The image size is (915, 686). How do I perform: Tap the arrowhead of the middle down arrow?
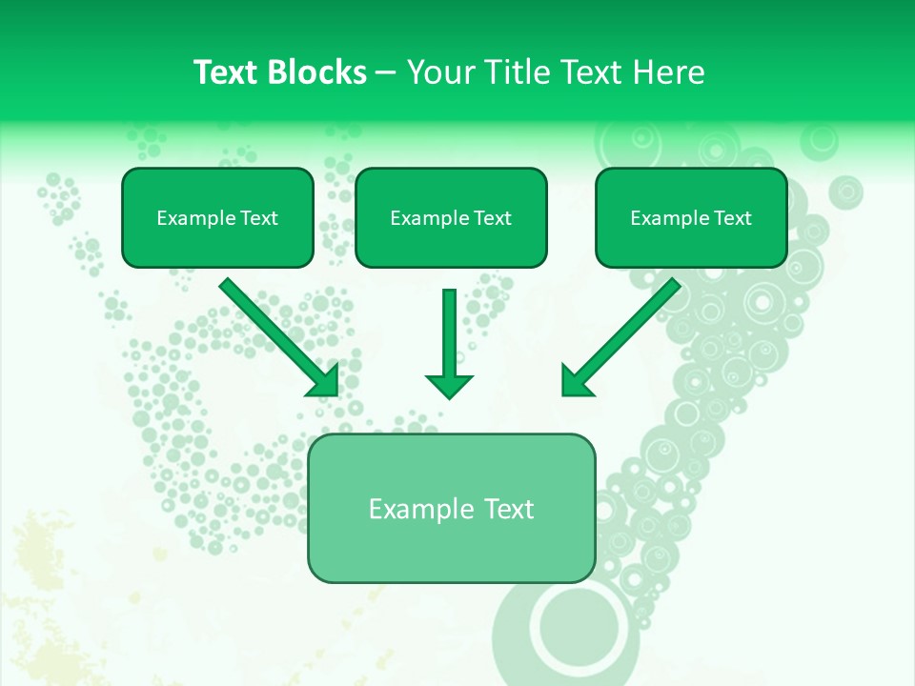[449, 385]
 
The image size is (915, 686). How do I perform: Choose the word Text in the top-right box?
[732, 217]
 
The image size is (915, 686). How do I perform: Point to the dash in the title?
[386, 72]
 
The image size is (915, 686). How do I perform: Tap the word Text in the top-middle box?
[492, 217]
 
